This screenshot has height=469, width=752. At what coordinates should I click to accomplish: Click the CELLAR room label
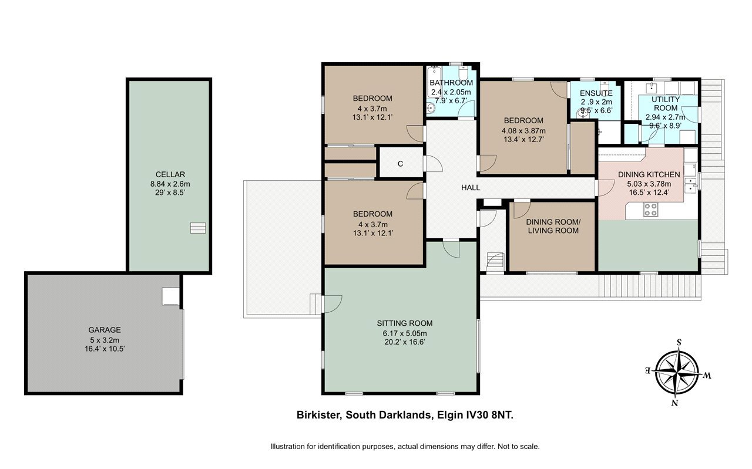[x=170, y=174]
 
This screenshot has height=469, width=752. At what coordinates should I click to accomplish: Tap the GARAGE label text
[x=105, y=330]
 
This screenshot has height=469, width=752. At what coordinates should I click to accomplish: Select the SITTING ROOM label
[x=405, y=323]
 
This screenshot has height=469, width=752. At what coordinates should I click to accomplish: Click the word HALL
[x=471, y=187]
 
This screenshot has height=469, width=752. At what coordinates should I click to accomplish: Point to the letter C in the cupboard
[x=400, y=164]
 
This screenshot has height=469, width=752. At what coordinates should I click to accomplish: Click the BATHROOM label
[x=451, y=83]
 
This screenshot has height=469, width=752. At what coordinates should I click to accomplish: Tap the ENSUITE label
[x=596, y=93]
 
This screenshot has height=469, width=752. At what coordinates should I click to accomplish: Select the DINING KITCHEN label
[x=649, y=174]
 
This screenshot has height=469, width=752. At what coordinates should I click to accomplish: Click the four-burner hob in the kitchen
[x=650, y=210]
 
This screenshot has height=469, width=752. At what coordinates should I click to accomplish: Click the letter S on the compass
[x=679, y=343]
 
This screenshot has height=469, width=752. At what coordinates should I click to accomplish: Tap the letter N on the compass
[x=675, y=403]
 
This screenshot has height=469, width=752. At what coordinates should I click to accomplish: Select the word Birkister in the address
[x=319, y=415]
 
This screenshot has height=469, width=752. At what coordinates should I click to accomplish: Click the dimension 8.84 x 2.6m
[x=170, y=184]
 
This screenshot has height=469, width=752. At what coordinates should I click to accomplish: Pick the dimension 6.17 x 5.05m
[x=405, y=333]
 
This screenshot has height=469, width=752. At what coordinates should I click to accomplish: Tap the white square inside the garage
[x=170, y=296]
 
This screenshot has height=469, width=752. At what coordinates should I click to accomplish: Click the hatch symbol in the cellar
[x=198, y=228]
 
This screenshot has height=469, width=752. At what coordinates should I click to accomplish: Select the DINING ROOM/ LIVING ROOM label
[x=553, y=226]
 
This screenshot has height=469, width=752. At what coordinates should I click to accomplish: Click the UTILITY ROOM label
[x=666, y=104]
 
